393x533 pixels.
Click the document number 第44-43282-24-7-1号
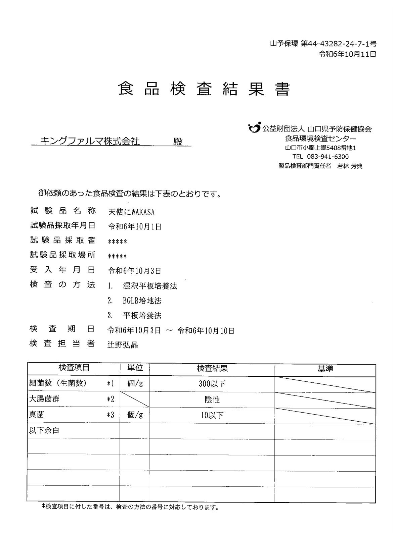pyautogui.click(x=338, y=44)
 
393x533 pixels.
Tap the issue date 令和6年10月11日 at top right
pyautogui.click(x=347, y=54)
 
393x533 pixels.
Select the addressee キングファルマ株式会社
pyautogui.click(x=90, y=141)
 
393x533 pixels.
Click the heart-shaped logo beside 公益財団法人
pyautogui.click(x=254, y=128)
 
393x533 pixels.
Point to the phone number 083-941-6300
pyautogui.click(x=327, y=157)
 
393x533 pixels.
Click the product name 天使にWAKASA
pyautogui.click(x=131, y=212)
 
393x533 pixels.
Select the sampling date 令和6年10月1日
pyautogui.click(x=134, y=227)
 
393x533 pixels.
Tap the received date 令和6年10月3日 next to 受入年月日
pyautogui.click(x=134, y=271)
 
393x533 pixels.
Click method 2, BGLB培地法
pyautogui.click(x=142, y=301)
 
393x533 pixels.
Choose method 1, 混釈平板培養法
pyautogui.click(x=150, y=286)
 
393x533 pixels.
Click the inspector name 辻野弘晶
pyautogui.click(x=123, y=345)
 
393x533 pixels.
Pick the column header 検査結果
pyautogui.click(x=212, y=368)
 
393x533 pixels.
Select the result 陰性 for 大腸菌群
pyautogui.click(x=212, y=399)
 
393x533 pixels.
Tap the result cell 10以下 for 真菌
pyautogui.click(x=212, y=415)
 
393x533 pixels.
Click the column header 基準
pyautogui.click(x=325, y=369)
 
